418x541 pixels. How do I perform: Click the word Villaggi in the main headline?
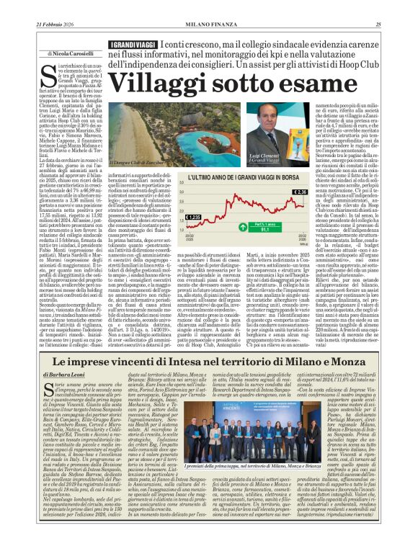[x=155, y=85]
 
